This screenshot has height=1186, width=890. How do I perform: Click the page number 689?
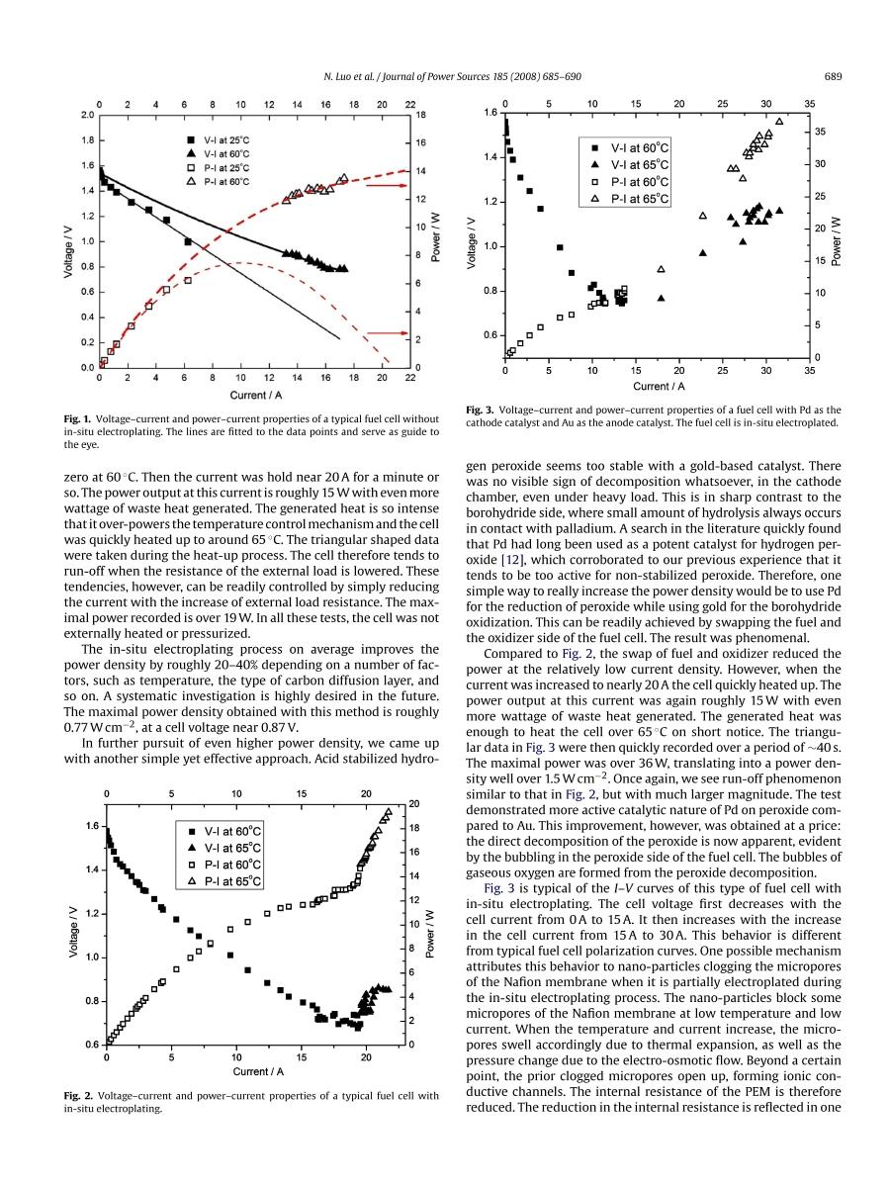tap(832, 77)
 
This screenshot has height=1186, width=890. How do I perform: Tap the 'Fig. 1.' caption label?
tap(79, 419)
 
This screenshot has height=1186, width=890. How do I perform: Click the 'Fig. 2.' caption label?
tap(79, 1096)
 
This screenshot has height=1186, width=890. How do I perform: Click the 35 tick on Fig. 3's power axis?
tap(820, 132)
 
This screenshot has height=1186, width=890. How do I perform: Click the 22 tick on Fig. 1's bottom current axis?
tap(410, 378)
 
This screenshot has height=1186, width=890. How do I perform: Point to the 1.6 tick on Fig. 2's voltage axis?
tap(92, 826)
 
